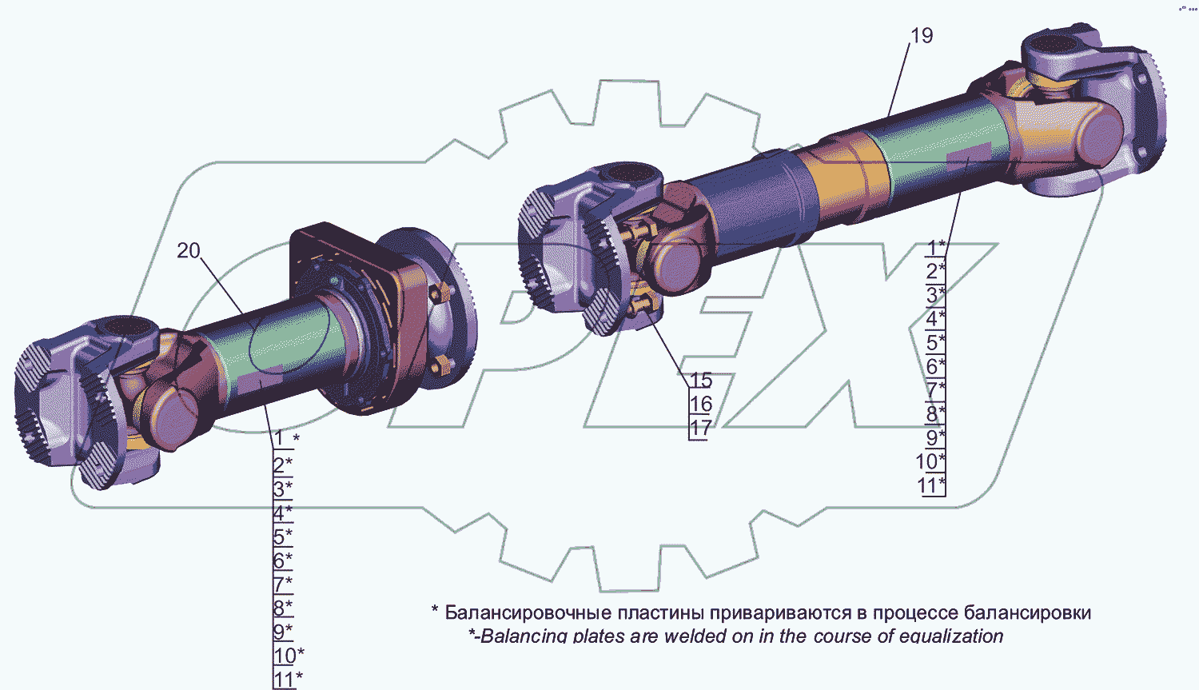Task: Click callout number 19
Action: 922,35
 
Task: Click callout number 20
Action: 189,251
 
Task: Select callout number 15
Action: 701,380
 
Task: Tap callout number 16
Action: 701,404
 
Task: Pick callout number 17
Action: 701,428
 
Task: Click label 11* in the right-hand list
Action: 930,485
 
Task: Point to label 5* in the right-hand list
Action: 935,343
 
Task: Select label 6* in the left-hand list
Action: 282,560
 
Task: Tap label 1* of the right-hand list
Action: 935,247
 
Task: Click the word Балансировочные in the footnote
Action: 528,613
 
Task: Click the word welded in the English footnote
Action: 692,636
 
